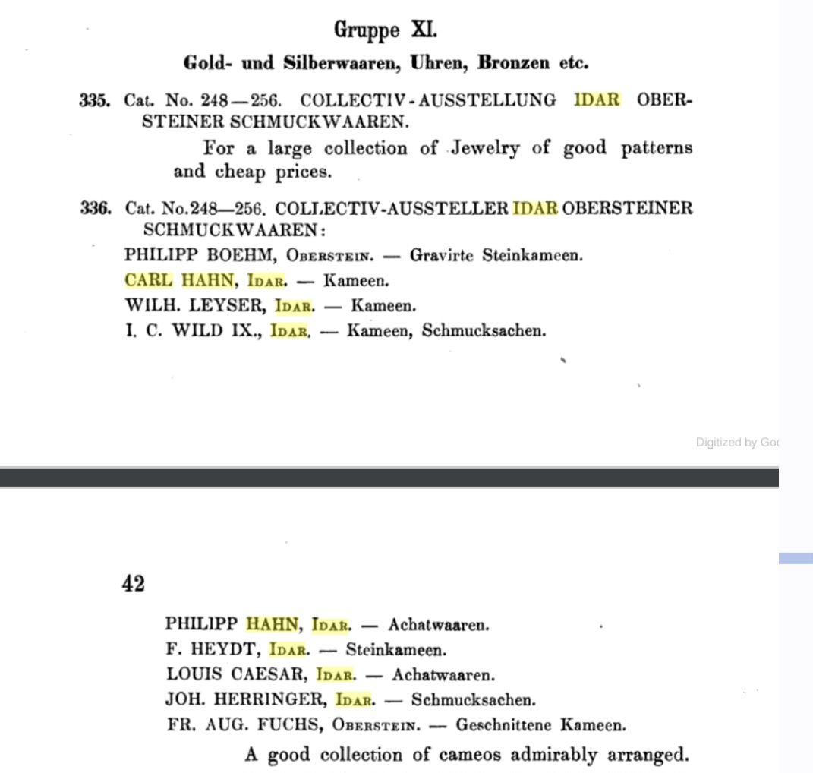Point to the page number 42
coord(134,584)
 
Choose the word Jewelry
coord(484,148)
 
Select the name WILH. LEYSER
coord(192,306)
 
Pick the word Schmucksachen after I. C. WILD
coord(484,331)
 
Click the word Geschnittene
coord(503,724)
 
